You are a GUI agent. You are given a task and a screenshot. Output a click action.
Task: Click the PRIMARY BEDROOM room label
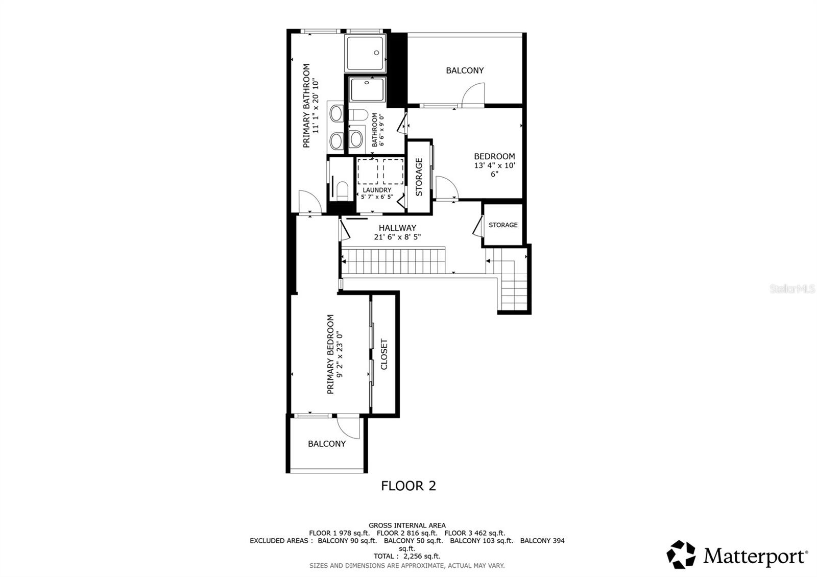pos(330,354)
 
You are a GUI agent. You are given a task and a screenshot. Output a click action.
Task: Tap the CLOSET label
pos(385,354)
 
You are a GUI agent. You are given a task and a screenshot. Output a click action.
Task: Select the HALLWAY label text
pos(397,228)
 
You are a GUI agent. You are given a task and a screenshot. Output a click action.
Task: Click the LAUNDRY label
pos(377,190)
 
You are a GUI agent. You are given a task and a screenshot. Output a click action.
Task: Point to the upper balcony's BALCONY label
pos(465,70)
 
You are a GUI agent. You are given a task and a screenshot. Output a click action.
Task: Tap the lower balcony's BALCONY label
pos(327,444)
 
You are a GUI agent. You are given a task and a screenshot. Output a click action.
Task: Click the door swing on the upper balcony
pos(472,95)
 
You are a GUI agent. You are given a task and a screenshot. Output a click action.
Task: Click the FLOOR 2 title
pos(408,486)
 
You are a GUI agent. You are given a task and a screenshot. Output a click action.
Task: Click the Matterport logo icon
pos(681,555)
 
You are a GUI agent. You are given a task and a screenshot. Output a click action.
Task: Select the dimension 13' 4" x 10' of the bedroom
pos(494,165)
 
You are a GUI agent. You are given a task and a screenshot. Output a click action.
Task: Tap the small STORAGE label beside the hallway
pos(503,225)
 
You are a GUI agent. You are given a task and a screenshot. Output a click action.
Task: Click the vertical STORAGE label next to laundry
pos(419,177)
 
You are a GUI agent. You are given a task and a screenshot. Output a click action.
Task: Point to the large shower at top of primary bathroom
pos(366,52)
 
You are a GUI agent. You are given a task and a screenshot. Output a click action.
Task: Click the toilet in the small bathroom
pos(357,115)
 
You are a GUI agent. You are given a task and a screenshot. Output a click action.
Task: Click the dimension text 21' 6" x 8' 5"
pos(397,237)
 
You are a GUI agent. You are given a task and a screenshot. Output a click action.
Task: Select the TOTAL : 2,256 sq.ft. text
pos(406,556)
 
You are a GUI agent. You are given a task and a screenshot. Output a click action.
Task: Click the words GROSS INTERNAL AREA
pos(407,525)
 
